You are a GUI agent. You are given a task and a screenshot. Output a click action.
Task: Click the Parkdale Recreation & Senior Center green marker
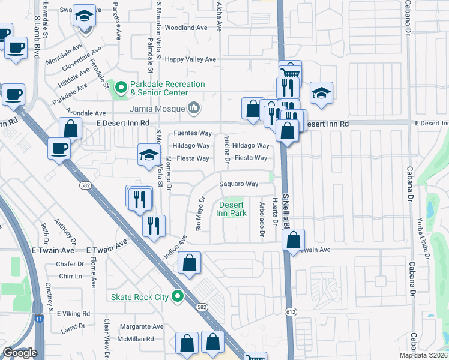(120, 88)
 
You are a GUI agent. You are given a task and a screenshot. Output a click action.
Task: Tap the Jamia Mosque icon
(194, 108)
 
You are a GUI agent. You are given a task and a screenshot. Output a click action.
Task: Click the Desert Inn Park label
(231, 209)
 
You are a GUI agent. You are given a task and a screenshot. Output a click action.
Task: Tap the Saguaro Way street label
(238, 184)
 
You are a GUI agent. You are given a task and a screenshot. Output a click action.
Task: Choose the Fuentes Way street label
(193, 133)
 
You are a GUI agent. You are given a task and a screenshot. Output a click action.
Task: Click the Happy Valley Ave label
(190, 59)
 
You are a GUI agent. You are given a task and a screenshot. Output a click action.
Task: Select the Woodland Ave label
(186, 28)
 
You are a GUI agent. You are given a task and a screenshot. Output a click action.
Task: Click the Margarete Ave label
(142, 327)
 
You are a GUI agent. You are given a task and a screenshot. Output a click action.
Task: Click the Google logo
(20, 353)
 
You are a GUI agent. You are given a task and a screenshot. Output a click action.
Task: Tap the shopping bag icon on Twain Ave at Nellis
(292, 239)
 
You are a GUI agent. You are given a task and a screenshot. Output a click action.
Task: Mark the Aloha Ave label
(219, 17)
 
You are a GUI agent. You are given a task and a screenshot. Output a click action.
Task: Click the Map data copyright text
(422, 355)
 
